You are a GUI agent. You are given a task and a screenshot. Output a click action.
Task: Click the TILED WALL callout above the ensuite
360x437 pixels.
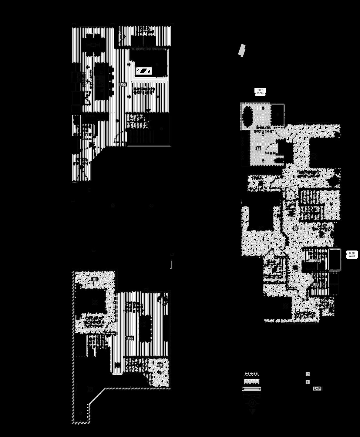click(260, 92)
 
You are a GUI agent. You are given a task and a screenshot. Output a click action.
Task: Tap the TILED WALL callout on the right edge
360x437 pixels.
click(352, 255)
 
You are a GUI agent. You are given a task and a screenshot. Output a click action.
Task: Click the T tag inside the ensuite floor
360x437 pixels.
click(258, 149)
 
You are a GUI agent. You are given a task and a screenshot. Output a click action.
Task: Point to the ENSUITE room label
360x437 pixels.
click(263, 128)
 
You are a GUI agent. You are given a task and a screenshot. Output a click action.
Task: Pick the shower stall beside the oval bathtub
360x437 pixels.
click(277, 115)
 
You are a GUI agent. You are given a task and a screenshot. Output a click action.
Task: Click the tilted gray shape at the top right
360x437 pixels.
click(241, 50)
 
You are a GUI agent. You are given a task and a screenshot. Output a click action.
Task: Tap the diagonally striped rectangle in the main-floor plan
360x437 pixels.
click(143, 71)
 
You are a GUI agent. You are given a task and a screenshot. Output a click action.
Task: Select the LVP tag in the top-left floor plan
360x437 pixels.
click(123, 84)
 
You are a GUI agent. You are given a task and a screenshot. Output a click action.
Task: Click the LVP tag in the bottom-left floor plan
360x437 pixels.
click(130, 338)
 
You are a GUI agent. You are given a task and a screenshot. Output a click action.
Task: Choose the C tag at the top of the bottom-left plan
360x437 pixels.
click(94, 279)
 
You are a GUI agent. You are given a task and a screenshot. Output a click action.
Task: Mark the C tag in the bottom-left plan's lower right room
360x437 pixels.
click(160, 365)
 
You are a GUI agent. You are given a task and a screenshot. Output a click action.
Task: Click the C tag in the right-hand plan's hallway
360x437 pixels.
click(295, 228)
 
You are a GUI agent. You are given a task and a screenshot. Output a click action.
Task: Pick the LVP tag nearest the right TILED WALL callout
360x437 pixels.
click(316, 261)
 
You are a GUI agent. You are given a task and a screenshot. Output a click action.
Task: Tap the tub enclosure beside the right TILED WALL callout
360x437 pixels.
click(335, 259)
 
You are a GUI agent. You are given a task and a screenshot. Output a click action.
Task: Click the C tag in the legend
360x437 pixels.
click(308, 374)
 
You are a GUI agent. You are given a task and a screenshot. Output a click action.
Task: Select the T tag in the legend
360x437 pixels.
click(308, 382)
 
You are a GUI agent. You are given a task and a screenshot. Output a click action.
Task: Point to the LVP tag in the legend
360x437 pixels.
click(317, 388)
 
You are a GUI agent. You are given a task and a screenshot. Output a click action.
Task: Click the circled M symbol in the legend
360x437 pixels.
click(252, 403)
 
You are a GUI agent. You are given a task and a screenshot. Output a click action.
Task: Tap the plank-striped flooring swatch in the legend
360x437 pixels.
click(252, 389)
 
